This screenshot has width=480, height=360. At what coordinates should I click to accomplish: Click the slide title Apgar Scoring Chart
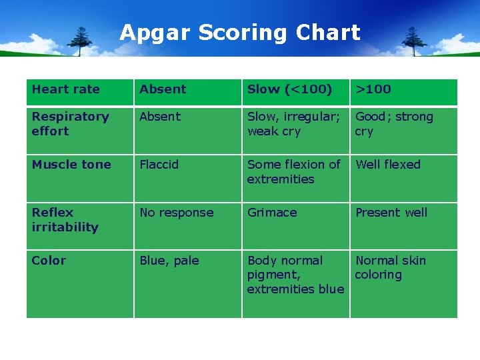point(240,33)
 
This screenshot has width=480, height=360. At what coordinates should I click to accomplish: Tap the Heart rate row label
point(65,89)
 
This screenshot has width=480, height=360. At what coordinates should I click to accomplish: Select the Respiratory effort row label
point(70,124)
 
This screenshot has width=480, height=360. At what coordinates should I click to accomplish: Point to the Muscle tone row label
point(71,165)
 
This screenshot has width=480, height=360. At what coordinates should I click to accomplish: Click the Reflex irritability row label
point(65,220)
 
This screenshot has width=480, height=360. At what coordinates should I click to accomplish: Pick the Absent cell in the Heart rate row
point(163,89)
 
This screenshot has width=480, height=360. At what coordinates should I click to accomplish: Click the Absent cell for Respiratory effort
point(160,117)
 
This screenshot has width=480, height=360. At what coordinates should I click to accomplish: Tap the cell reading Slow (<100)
point(289,89)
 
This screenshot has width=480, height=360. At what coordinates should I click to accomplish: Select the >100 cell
point(373,89)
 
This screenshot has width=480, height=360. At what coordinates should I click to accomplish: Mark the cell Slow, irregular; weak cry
point(293,124)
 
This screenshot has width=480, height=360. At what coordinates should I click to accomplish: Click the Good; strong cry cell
point(394,124)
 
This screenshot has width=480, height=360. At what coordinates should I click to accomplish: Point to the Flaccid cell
point(159,165)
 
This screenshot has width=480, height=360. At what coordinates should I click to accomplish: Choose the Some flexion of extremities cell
point(293,172)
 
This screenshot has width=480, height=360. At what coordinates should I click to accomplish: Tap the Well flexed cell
point(388,165)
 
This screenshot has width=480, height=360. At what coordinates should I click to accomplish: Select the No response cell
point(177,213)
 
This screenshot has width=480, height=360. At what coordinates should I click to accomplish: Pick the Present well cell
point(391,213)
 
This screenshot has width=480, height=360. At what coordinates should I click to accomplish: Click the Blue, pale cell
point(169,261)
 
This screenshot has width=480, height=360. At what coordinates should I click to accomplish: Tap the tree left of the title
point(82,41)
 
